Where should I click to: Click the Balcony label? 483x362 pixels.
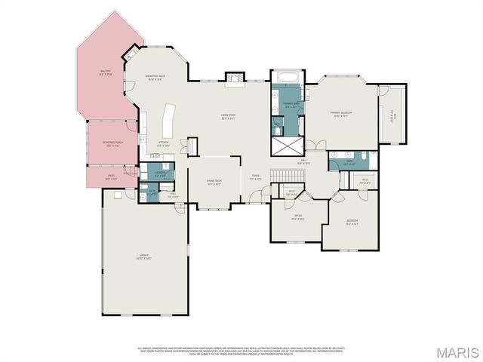point(106,74)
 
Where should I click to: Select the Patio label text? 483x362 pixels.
point(110,177)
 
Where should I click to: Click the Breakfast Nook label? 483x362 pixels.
point(156,77)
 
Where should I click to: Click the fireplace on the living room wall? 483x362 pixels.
point(235,78)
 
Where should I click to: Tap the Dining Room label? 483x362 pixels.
point(214,182)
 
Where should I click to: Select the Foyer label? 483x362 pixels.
point(256,179)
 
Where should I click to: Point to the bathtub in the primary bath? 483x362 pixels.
point(287,77)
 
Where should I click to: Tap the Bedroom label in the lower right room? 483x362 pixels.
point(352,222)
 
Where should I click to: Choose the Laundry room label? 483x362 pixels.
point(160,174)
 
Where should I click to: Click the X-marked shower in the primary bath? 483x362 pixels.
point(287,146)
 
